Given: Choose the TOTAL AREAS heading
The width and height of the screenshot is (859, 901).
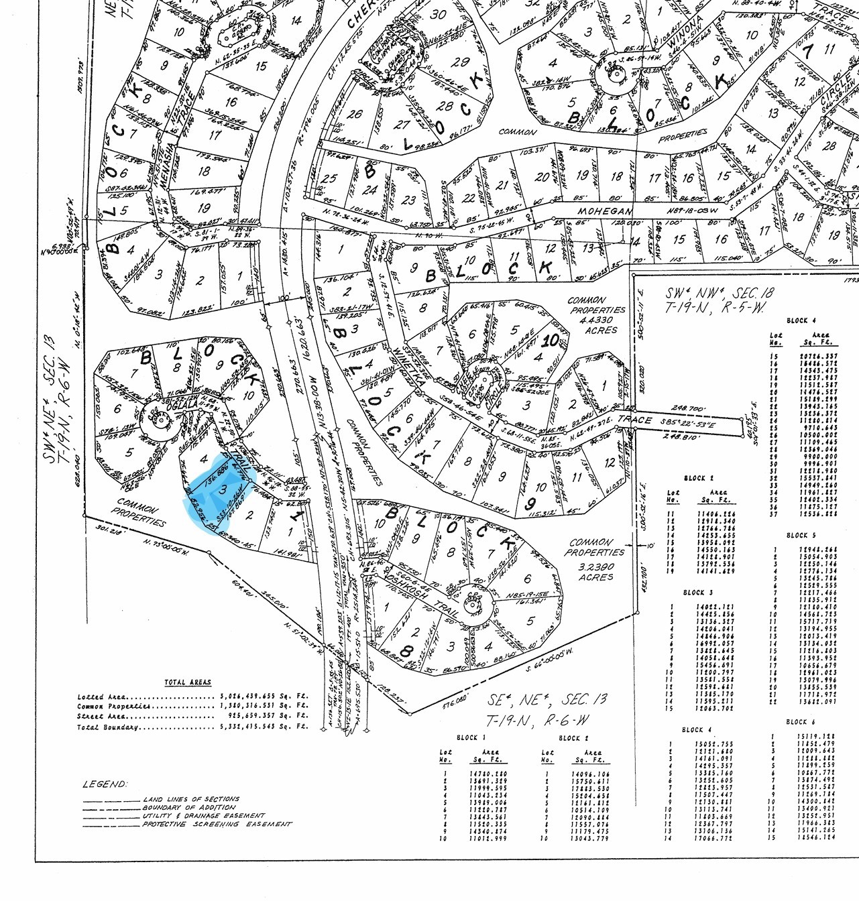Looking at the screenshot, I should [188, 682].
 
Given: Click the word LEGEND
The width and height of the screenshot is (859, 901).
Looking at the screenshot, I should [104, 784].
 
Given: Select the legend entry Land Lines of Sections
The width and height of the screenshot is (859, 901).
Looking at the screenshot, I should [190, 800].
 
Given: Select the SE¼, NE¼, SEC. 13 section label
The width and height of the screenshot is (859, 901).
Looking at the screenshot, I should [547, 701].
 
